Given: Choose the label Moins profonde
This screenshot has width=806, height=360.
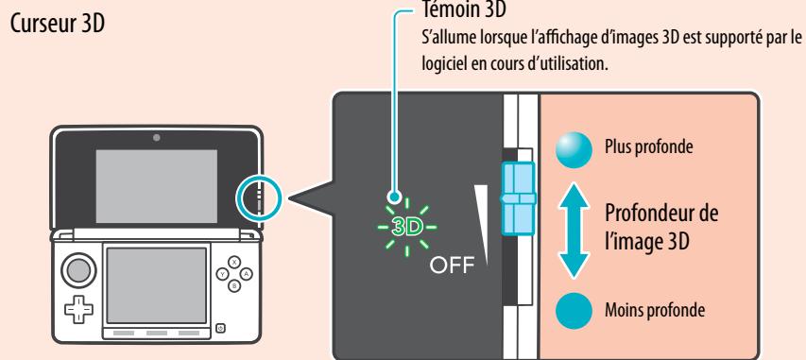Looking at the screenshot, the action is pyautogui.click(x=646, y=310).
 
